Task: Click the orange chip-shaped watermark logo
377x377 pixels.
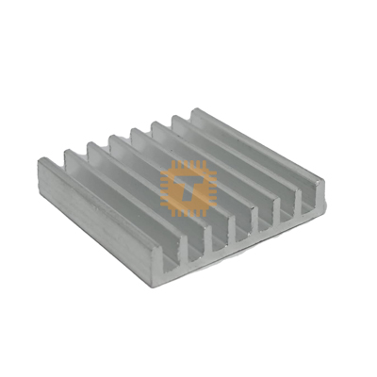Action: (x=188, y=187)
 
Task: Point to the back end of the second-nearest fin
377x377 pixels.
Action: (x=70, y=152)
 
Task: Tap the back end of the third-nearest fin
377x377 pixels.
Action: (x=93, y=144)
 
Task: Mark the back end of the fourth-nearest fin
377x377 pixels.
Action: (x=115, y=138)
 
